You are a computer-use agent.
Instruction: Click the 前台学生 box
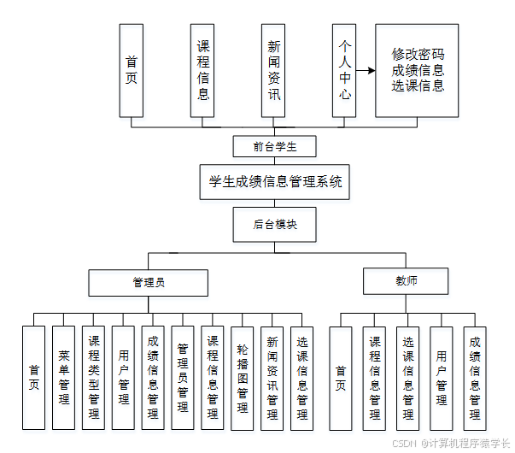coord(275,146)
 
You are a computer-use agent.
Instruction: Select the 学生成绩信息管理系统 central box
coord(275,182)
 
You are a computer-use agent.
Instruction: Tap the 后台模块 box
coord(275,225)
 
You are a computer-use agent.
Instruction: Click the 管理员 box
coord(149,282)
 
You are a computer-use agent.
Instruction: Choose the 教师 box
coord(406,280)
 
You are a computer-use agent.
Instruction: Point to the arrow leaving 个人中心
coord(366,71)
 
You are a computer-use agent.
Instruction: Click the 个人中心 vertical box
coord(344,70)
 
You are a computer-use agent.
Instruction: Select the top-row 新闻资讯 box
coord(273,70)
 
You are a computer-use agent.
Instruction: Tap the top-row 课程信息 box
coord(202,70)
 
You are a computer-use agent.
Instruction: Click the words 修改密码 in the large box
coord(418,53)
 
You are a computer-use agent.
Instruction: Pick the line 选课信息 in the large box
coord(418,85)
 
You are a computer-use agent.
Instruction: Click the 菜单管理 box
coord(63,377)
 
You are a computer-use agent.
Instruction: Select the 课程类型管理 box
coord(94,377)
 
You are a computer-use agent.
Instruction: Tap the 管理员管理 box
coord(182,377)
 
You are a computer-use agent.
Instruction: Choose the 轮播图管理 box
coord(242,377)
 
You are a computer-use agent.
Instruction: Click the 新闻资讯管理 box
coord(272,377)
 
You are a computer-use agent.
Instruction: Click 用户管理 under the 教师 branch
coord(441,377)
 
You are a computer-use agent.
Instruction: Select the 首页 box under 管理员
coord(34,377)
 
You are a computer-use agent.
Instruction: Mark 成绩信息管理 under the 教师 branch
coord(474,377)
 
